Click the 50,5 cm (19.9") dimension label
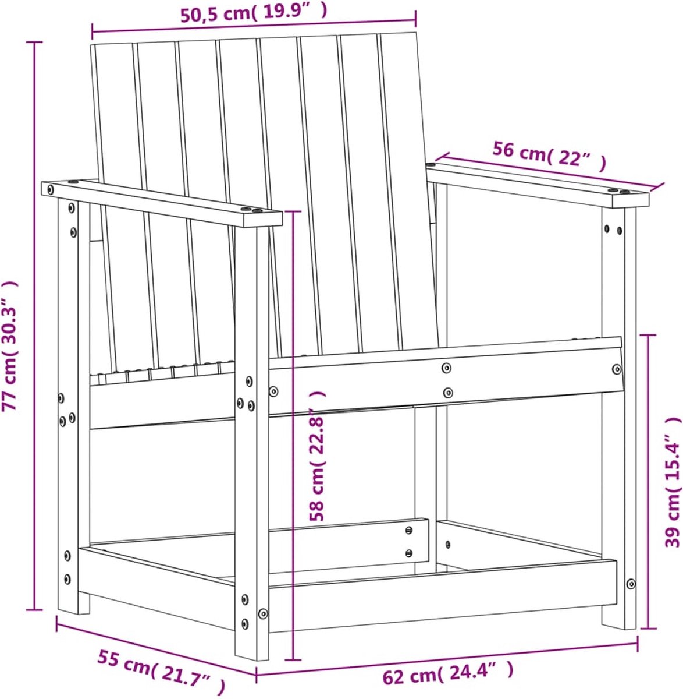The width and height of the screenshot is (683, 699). pyautogui.click(x=254, y=14)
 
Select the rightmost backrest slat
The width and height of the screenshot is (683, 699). pyautogui.click(x=409, y=190)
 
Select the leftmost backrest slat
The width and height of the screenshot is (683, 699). pyautogui.click(x=104, y=201)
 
